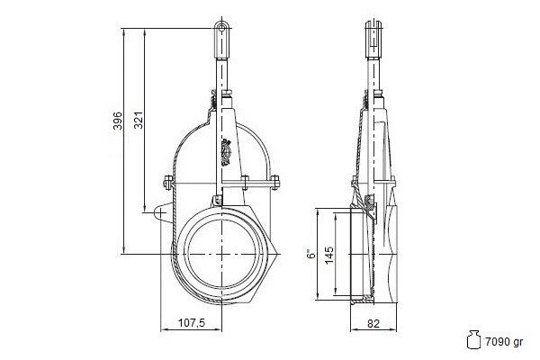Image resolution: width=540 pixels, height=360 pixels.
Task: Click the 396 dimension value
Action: [118, 121]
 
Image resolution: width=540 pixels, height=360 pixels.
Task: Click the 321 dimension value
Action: [139, 121]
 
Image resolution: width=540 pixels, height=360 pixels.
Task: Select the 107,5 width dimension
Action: [192, 323]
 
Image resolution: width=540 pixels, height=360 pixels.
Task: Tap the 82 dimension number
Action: [373, 323]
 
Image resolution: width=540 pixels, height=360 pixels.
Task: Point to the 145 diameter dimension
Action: [329, 255]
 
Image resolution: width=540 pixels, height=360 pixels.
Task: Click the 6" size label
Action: [311, 254]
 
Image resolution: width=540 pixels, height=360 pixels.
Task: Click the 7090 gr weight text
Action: [504, 342]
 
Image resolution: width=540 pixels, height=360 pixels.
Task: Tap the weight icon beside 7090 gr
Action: [473, 340]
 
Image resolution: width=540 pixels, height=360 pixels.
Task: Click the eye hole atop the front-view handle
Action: [222, 28]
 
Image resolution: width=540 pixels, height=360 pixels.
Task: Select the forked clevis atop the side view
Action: [373, 39]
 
